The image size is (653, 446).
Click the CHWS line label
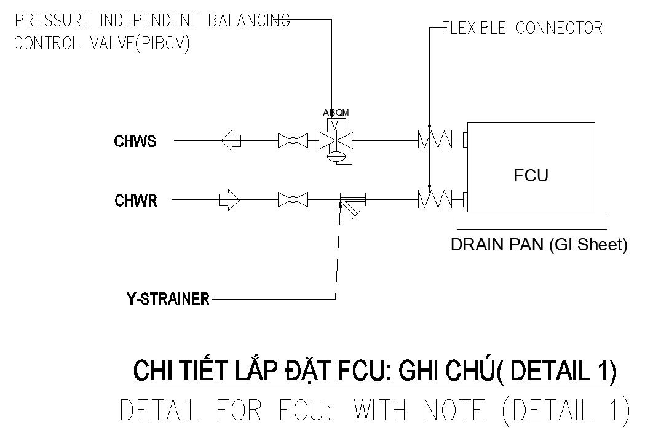(x=135, y=141)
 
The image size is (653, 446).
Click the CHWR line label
(x=136, y=201)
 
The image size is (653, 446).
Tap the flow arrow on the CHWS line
(x=231, y=140)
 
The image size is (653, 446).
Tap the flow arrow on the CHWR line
(x=229, y=200)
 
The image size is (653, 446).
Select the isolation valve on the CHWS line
(x=293, y=140)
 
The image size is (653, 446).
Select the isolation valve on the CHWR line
(x=293, y=200)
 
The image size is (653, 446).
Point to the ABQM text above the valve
(x=336, y=113)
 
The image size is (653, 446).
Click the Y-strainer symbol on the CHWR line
(x=352, y=204)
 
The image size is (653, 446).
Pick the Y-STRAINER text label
(x=168, y=299)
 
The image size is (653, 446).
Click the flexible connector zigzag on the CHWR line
(x=435, y=199)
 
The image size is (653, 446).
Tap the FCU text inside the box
(x=531, y=175)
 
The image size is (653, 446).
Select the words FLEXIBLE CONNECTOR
(x=522, y=28)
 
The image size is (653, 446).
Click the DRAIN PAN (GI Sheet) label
(x=539, y=245)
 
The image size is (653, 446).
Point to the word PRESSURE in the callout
(x=52, y=20)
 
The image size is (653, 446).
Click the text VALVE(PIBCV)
(x=140, y=43)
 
